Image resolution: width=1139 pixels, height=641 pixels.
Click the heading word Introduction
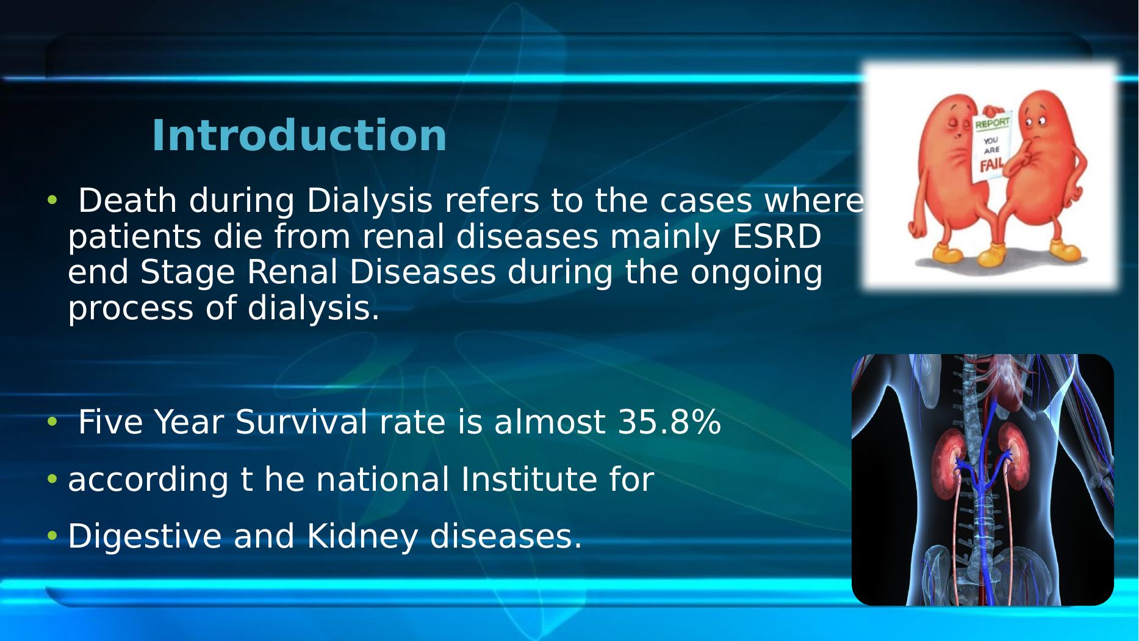(299, 136)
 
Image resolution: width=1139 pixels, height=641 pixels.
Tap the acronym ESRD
(776, 237)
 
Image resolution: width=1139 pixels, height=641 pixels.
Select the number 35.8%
(669, 422)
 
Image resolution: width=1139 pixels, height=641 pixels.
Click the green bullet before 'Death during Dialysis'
(52, 200)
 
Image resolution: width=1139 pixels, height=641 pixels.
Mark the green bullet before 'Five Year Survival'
(52, 421)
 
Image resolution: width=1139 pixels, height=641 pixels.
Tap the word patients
(134, 238)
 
